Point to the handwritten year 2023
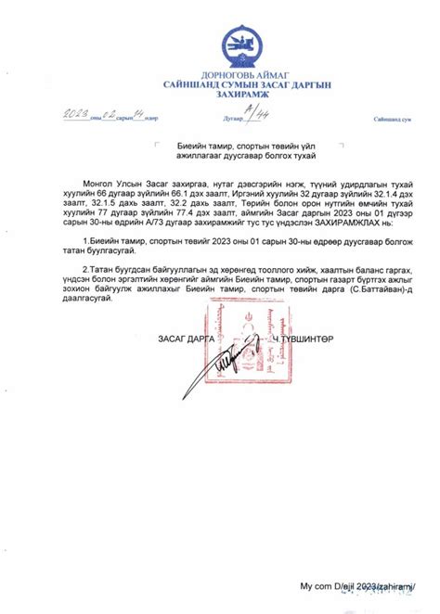click(75, 114)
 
